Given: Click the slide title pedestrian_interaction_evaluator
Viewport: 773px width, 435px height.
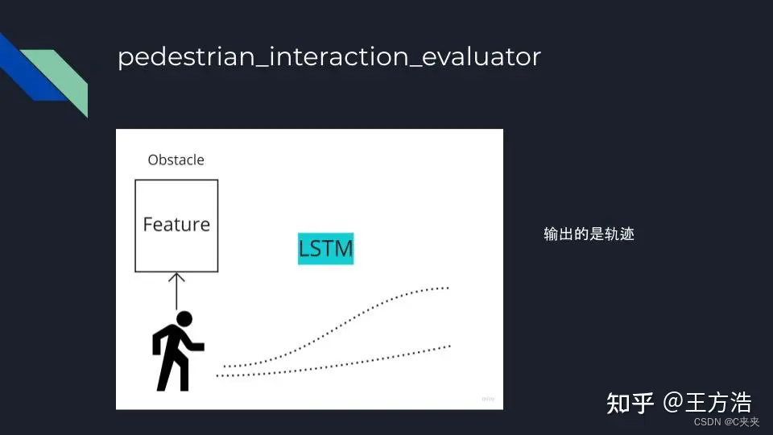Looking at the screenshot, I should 329,58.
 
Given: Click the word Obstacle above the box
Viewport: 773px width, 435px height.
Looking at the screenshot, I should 176,160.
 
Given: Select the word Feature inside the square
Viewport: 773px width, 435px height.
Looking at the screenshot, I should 176,225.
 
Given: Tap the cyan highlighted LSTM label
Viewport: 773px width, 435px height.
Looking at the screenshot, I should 325,249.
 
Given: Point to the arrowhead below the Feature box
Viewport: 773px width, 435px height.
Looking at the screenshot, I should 176,276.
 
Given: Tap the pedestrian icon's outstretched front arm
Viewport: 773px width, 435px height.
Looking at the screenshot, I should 196,346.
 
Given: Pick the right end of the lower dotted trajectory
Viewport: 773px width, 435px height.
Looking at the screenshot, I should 449,346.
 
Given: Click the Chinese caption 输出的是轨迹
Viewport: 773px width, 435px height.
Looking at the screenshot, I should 589,234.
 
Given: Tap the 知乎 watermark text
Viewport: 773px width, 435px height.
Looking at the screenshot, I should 630,403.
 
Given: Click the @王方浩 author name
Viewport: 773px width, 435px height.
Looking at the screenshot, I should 707,403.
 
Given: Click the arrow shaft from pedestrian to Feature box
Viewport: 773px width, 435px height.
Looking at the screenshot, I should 176,294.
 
